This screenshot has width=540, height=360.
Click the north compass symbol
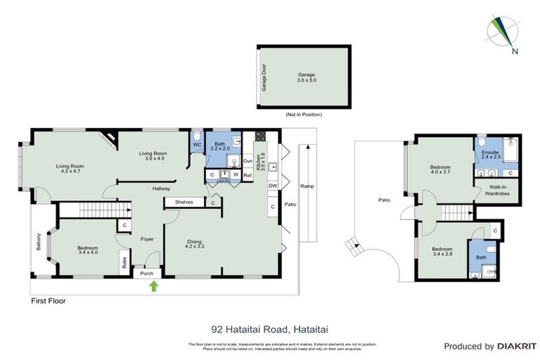pos(502,33)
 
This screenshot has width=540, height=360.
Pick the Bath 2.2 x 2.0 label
pos(220,146)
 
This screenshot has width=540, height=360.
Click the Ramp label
pos(307,186)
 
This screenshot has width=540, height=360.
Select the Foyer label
pos(147,239)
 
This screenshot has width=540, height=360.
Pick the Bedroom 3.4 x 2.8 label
pos(442,252)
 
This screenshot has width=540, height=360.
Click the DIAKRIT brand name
pos(517,347)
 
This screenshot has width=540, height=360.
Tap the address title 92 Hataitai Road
pos(270,328)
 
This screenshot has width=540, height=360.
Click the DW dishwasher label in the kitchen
pos(272,186)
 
